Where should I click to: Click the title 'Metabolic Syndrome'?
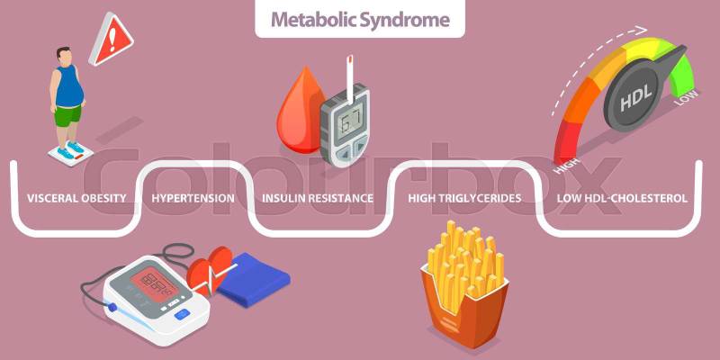[x=360, y=19]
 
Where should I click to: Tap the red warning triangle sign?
[x=111, y=40]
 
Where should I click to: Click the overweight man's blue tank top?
[x=69, y=86]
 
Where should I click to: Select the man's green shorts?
[x=68, y=115]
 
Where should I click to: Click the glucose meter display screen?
[x=346, y=119]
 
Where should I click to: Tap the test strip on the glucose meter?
[x=349, y=77]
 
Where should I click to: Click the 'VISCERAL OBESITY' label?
[x=76, y=198]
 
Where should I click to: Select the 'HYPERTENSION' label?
[x=193, y=198]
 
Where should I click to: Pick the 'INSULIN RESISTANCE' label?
[x=318, y=198]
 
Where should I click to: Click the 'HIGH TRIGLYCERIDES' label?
[x=464, y=198]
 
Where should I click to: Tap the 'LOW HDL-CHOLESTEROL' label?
[x=622, y=198]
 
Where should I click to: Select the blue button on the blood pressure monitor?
[x=183, y=314]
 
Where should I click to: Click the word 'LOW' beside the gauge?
[x=686, y=98]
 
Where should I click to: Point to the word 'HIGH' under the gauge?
[x=567, y=166]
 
